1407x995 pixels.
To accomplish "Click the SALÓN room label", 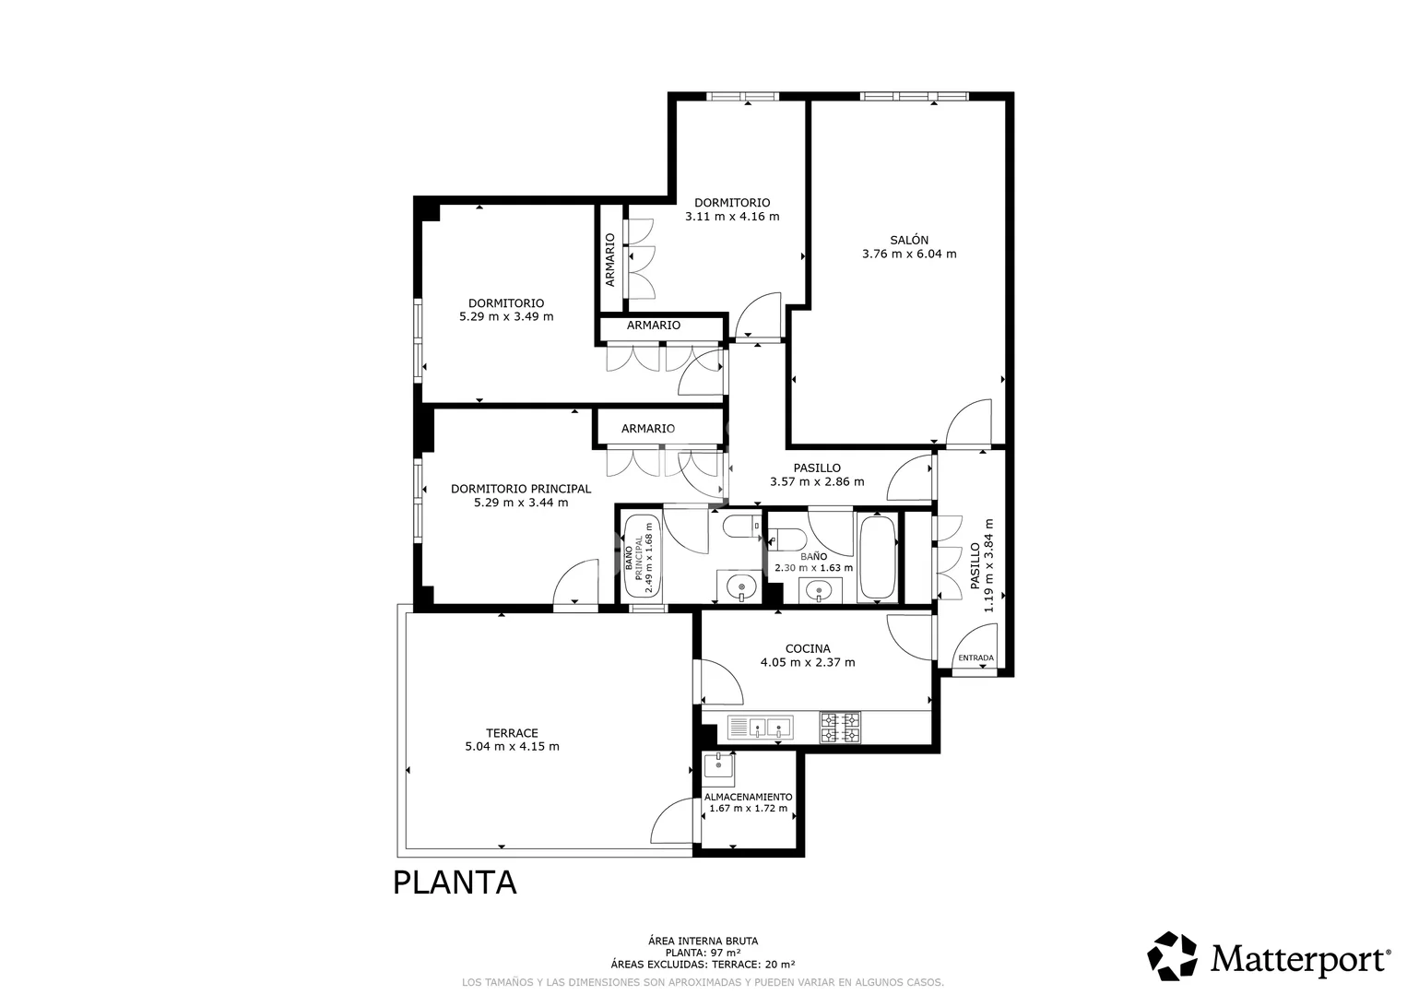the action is (x=909, y=240).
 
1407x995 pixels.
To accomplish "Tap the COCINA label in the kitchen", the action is (x=808, y=648).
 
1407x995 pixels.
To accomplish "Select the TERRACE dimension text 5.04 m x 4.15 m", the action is (x=512, y=746).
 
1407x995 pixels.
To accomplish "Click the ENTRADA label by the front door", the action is (x=976, y=657).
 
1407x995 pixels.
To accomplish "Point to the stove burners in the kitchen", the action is (x=841, y=728).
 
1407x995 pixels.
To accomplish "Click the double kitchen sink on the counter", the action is (x=761, y=728).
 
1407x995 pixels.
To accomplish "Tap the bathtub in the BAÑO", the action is (x=878, y=558).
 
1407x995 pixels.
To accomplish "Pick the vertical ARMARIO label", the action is (x=609, y=259).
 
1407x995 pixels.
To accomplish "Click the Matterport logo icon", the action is (x=1172, y=955).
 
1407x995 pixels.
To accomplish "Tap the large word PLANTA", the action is (x=455, y=882).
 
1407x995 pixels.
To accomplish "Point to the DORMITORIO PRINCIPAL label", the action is (x=521, y=489).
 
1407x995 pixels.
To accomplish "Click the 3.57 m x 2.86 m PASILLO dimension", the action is (x=817, y=481).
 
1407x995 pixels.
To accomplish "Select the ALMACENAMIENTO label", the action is (x=748, y=797).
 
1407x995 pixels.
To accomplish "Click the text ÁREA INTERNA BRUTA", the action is (x=703, y=941).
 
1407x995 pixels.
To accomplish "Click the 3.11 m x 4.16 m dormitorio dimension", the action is (x=732, y=217).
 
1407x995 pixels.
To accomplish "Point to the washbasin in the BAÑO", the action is (x=819, y=590).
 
